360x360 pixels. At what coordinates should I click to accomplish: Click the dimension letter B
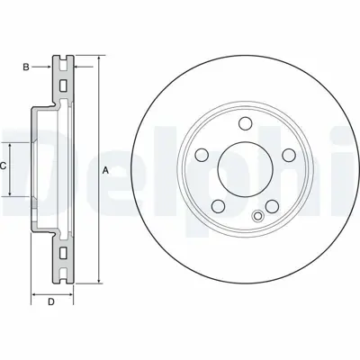point(26,67)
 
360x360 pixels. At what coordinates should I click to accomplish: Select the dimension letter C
point(4,166)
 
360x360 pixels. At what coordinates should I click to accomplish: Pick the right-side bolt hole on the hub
point(288,154)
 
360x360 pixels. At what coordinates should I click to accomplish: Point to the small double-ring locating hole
point(258,214)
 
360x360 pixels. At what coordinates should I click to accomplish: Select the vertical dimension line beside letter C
point(11,166)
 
